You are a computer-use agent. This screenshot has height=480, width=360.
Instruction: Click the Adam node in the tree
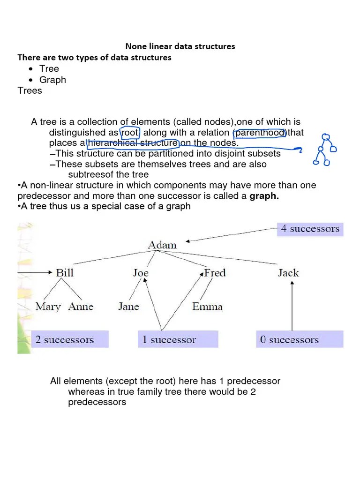click(162, 245)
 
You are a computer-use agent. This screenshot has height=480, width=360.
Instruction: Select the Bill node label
click(65, 272)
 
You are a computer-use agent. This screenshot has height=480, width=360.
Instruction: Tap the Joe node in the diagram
click(141, 272)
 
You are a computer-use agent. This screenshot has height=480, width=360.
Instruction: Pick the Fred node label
click(215, 272)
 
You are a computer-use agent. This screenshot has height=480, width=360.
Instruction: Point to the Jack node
click(288, 272)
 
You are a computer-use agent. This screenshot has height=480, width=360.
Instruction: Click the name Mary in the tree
click(48, 307)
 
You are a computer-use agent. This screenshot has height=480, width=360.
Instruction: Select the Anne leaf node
click(81, 307)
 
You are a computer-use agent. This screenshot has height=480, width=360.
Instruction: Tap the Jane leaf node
click(128, 307)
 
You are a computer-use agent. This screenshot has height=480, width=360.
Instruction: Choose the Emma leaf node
click(207, 307)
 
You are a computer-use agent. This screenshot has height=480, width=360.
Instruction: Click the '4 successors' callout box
click(310, 229)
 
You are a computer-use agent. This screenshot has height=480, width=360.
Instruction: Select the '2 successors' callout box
click(70, 339)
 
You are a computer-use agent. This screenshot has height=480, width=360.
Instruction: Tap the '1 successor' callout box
click(178, 339)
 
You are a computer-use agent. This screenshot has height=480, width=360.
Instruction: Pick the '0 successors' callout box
click(300, 339)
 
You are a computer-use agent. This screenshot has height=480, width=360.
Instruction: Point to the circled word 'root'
click(130, 133)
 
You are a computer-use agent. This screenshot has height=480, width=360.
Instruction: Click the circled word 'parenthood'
click(260, 133)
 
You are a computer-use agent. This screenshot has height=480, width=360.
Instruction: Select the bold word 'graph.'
click(264, 196)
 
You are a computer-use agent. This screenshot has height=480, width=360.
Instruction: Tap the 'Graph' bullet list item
click(52, 80)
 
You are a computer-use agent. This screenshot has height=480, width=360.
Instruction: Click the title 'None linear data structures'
click(180, 46)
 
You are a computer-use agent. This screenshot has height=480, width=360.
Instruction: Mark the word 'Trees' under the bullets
click(30, 90)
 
